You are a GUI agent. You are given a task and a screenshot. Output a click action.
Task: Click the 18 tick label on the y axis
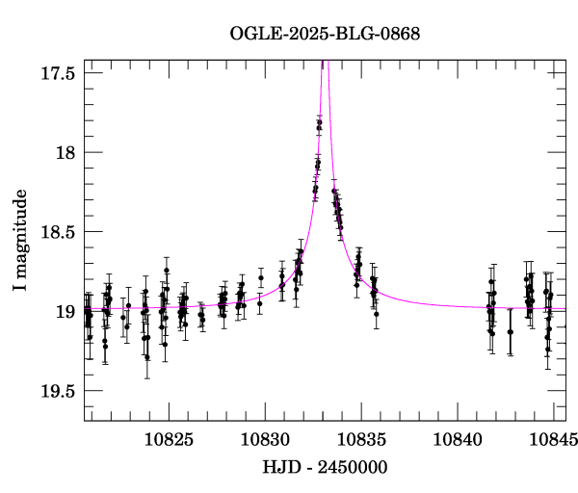(x=66, y=152)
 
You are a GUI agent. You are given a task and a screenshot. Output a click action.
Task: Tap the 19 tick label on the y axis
(x=66, y=311)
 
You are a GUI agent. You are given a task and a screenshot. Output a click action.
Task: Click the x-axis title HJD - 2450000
(x=325, y=469)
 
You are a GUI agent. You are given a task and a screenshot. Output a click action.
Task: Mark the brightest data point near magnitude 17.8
(x=319, y=122)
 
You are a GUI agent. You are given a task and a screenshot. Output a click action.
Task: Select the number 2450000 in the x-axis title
(x=353, y=469)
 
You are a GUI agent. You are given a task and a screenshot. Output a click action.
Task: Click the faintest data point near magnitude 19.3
(x=147, y=357)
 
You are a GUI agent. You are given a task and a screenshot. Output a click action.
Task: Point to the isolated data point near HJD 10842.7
(x=511, y=331)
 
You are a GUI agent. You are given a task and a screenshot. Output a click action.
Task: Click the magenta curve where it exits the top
(x=324, y=61)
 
